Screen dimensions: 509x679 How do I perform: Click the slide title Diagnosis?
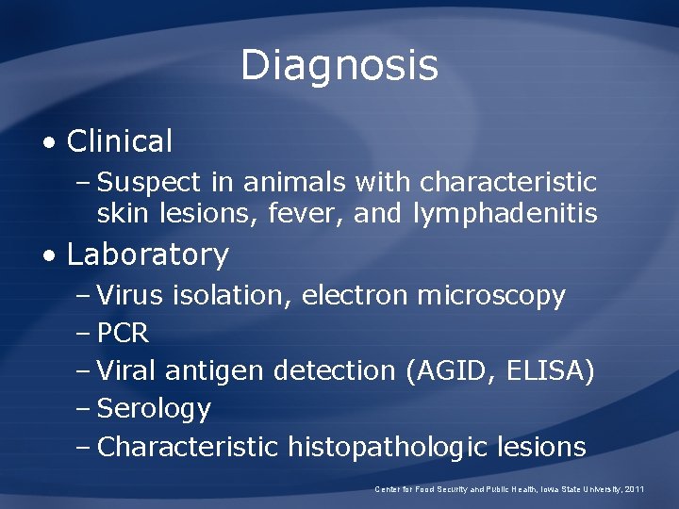coord(339,66)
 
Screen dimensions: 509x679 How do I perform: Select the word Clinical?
coord(120,142)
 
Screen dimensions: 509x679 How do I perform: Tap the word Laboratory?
coord(148,254)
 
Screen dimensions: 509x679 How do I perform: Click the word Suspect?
coord(150,181)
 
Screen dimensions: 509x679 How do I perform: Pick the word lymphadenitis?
coord(505,215)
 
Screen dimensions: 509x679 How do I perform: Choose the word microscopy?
coord(491,296)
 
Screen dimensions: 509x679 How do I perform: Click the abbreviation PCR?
coord(124,334)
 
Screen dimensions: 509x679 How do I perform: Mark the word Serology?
coord(154,409)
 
